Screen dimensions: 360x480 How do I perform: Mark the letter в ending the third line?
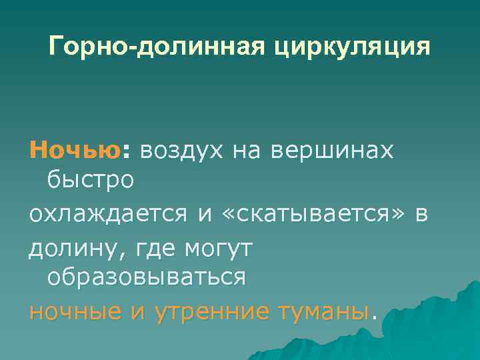coord(419,215)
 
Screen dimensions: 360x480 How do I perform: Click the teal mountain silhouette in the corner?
coord(433,327)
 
